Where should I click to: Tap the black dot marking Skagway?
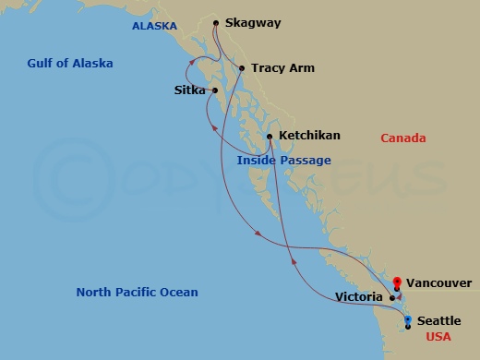[215, 23]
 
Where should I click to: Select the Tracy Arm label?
[282, 68]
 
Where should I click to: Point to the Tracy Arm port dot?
[242, 68]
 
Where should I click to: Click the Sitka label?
[190, 90]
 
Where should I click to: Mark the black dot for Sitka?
[215, 90]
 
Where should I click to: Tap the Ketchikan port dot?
[269, 137]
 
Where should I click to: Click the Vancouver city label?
[438, 282]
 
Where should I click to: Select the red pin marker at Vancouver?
[397, 282]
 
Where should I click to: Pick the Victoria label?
[361, 298]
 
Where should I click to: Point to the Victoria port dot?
[392, 298]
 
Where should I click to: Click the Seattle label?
[438, 320]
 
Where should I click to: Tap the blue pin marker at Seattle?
[408, 320]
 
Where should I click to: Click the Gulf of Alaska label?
[69, 64]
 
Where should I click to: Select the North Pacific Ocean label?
[137, 293]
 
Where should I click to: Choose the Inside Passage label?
[283, 161]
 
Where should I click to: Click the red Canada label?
[403, 138]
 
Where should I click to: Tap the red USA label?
[439, 338]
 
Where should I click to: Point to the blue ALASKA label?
[154, 27]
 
